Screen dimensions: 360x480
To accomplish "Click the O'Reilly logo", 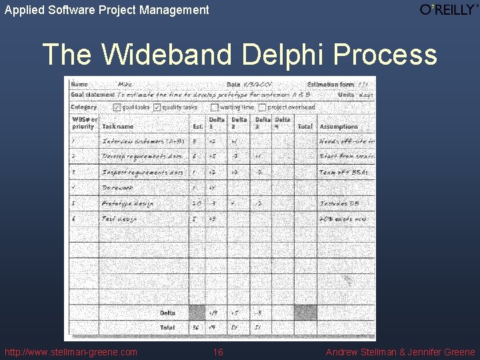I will pyautogui.click(x=449, y=9).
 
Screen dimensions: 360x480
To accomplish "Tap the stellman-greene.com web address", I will pyautogui.click(x=71, y=352).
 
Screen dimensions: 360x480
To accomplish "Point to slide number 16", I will pyautogui.click(x=218, y=352).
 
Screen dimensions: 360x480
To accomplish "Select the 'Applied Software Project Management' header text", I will pyautogui.click(x=107, y=10).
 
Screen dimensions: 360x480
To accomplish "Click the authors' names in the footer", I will pyautogui.click(x=400, y=352).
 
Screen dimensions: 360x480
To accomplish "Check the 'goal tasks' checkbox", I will pyautogui.click(x=117, y=107).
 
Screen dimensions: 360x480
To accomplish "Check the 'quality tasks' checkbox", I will pyautogui.click(x=157, y=107).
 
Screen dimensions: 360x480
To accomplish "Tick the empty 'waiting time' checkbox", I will pyautogui.click(x=214, y=107).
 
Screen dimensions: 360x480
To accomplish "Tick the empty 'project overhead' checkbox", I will pyautogui.click(x=262, y=107).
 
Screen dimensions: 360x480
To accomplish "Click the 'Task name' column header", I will pyautogui.click(x=118, y=126).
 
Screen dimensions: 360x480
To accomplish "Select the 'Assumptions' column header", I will pyautogui.click(x=339, y=126).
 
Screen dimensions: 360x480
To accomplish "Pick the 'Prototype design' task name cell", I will pyautogui.click(x=127, y=204).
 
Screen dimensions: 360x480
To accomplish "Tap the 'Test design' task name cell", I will pyautogui.click(x=119, y=219).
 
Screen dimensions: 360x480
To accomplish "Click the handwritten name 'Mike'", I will pyautogui.click(x=125, y=85).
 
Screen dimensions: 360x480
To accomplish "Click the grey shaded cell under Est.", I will pyautogui.click(x=197, y=312).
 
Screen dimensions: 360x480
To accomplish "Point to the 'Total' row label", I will pyautogui.click(x=167, y=327).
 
